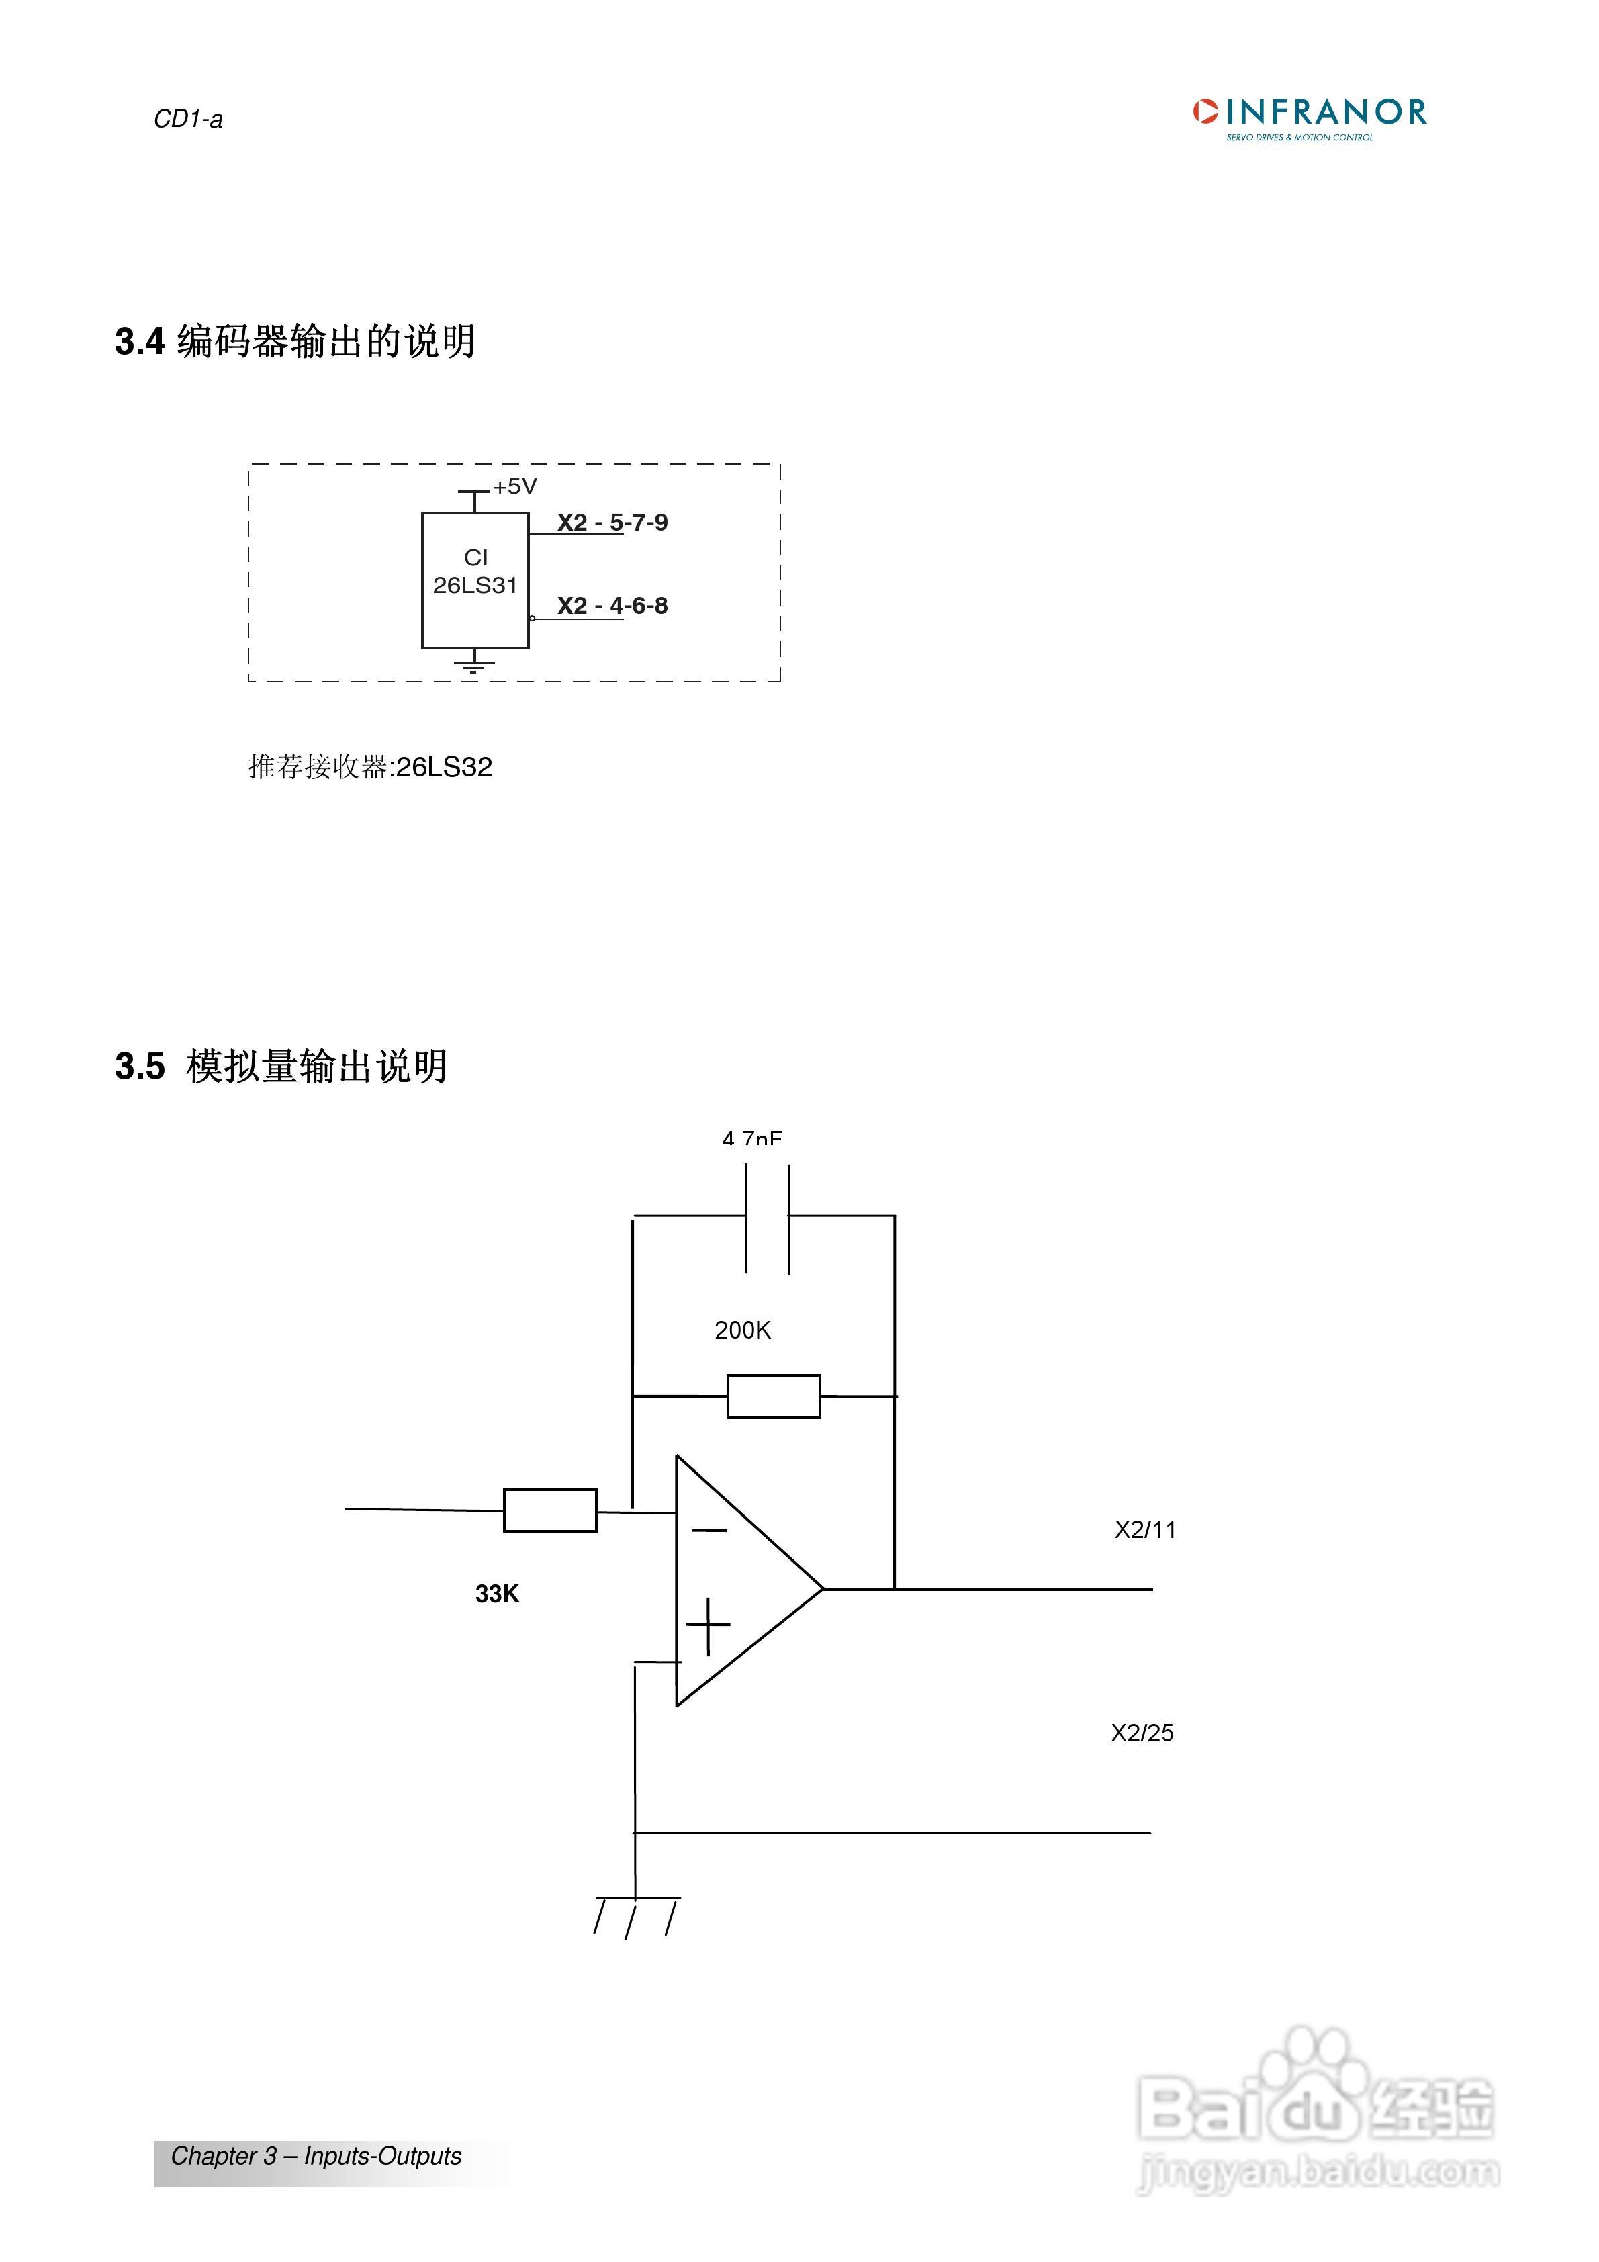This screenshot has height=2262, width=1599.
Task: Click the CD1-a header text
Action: (187, 119)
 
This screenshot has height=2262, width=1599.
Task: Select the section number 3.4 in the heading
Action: (139, 342)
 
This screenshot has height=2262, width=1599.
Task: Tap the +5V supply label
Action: (514, 487)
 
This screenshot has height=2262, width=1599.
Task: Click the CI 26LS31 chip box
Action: (475, 580)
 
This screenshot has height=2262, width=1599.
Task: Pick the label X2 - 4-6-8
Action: (612, 606)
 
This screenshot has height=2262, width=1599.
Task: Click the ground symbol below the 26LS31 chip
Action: (474, 664)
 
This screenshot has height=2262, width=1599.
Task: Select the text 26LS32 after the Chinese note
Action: (443, 768)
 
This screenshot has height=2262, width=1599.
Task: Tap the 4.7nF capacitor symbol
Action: (768, 1219)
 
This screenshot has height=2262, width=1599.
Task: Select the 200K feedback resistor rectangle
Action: (774, 1397)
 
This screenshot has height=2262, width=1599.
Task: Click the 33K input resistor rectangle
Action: (550, 1510)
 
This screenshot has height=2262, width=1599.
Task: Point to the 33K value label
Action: (496, 1594)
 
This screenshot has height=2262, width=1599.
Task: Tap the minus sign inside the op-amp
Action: (709, 1530)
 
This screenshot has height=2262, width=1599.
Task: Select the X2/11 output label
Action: (1145, 1530)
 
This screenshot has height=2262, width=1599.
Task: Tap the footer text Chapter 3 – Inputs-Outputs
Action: (315, 2157)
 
